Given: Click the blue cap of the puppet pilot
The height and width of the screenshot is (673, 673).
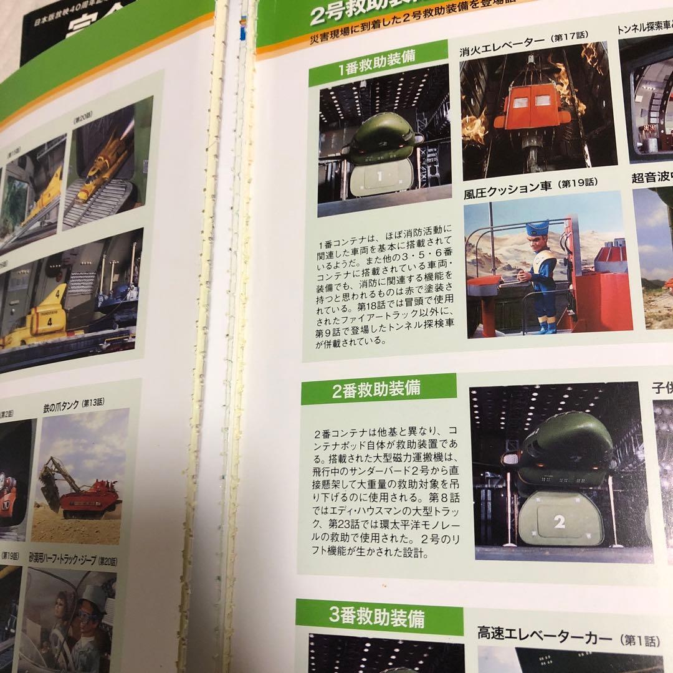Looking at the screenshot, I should (537, 227).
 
